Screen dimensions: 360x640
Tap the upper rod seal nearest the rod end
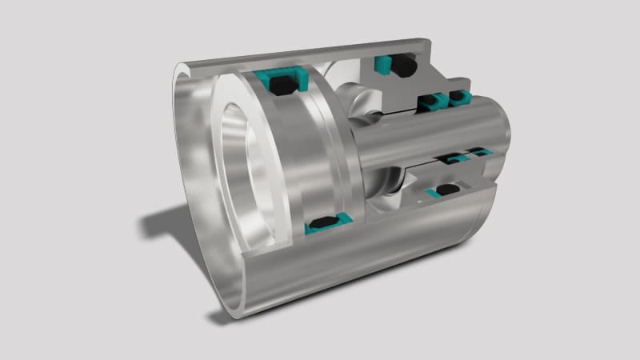coord(459,98)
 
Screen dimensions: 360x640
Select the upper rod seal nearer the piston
coord(430,101)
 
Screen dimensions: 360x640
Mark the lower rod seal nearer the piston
coord(456,158)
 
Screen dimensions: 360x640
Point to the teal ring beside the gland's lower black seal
coord(433,193)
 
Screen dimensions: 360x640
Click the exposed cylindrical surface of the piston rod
coord(432,136)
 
